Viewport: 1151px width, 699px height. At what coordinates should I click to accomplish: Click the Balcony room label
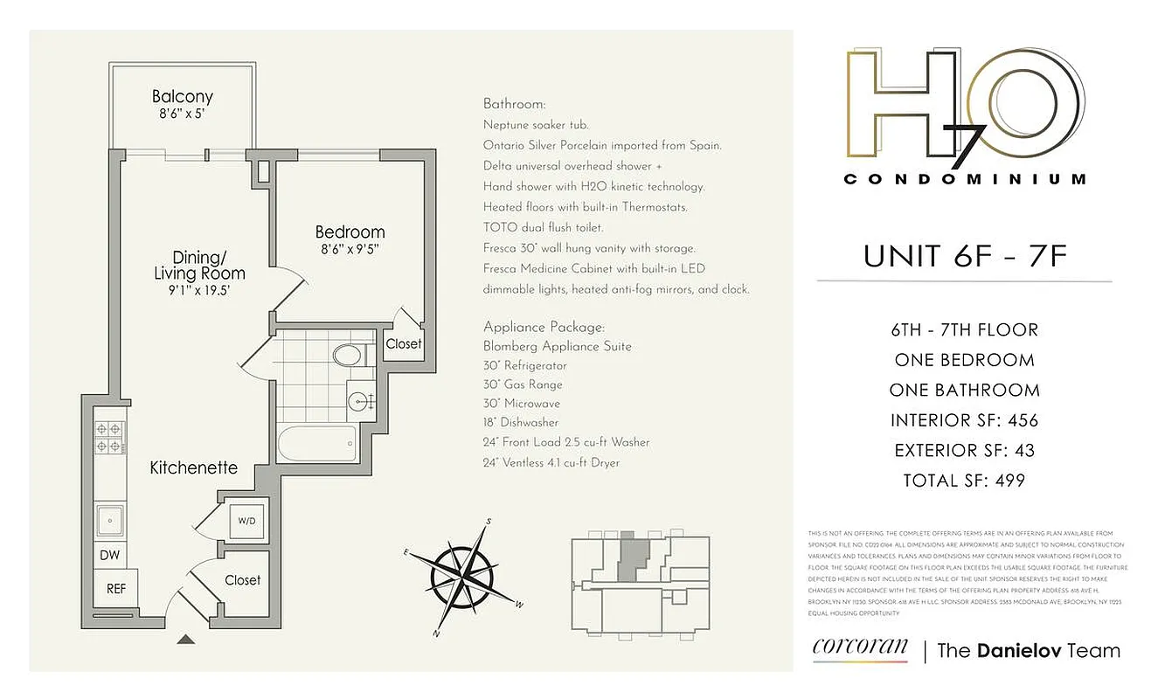[x=182, y=97]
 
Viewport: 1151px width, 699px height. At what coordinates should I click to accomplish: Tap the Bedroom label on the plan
[x=350, y=232]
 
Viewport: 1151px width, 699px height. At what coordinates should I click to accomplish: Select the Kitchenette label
[x=193, y=467]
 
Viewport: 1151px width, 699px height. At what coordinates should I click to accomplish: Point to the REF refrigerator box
[x=116, y=589]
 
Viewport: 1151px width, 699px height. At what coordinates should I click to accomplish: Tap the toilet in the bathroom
[x=348, y=355]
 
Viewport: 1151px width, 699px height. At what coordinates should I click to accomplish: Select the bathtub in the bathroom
[x=317, y=444]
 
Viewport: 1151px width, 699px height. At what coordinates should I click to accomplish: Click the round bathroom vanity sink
[x=358, y=401]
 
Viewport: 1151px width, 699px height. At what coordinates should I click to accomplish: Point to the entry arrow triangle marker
[x=185, y=639]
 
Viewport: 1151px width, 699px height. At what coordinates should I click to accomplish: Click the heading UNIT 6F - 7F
[x=964, y=256]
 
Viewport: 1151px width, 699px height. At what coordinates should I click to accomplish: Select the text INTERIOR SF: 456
[x=964, y=420]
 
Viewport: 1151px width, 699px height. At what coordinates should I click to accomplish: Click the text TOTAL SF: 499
[x=964, y=480]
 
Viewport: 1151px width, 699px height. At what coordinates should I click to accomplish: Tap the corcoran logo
[x=860, y=648]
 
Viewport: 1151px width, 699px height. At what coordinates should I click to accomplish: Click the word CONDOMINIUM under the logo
[x=964, y=179]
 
